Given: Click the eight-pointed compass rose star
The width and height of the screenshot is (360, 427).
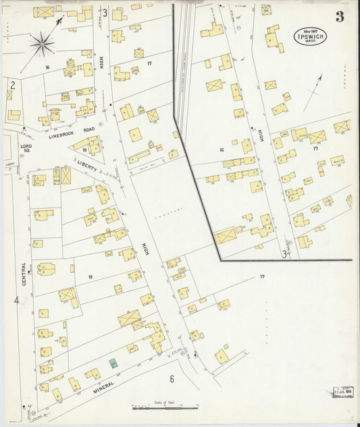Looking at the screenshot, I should click(x=42, y=44).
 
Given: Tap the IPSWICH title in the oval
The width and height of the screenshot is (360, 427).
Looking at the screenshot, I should click(x=310, y=39).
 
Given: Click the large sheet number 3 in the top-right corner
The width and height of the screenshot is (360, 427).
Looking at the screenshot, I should click(x=339, y=17).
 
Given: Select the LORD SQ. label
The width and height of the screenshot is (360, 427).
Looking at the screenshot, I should click(x=26, y=148).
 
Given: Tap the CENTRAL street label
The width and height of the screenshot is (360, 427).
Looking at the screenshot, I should click(x=25, y=274).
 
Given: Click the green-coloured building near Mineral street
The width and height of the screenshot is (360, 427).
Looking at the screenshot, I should click(x=113, y=363).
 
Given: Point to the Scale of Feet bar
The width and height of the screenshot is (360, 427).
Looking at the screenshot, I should click(x=165, y=407).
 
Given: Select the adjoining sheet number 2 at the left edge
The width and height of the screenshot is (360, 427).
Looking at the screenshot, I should click(x=12, y=84).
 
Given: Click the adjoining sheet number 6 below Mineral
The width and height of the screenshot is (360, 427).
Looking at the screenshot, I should click(x=172, y=379).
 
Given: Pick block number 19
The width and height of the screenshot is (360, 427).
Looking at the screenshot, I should click(x=89, y=277).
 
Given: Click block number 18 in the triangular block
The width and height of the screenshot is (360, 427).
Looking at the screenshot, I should click(x=84, y=149).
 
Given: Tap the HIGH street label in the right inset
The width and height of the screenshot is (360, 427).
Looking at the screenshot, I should click(x=260, y=134).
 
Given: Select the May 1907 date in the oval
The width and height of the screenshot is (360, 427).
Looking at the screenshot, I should click(x=310, y=31).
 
